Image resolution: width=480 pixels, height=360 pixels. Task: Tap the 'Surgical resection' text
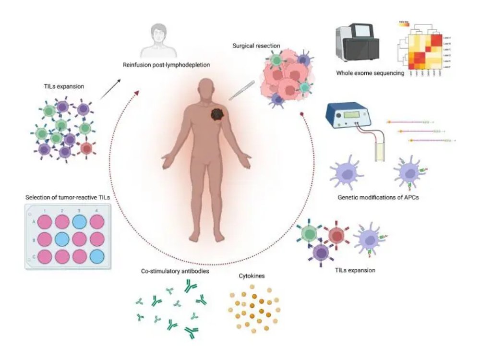coord(256,46)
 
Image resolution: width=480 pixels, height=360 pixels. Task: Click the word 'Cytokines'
coord(251,277)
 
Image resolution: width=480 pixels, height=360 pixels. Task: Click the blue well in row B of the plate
coord(62,239)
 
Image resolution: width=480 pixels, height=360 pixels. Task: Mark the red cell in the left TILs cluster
coord(86,148)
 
